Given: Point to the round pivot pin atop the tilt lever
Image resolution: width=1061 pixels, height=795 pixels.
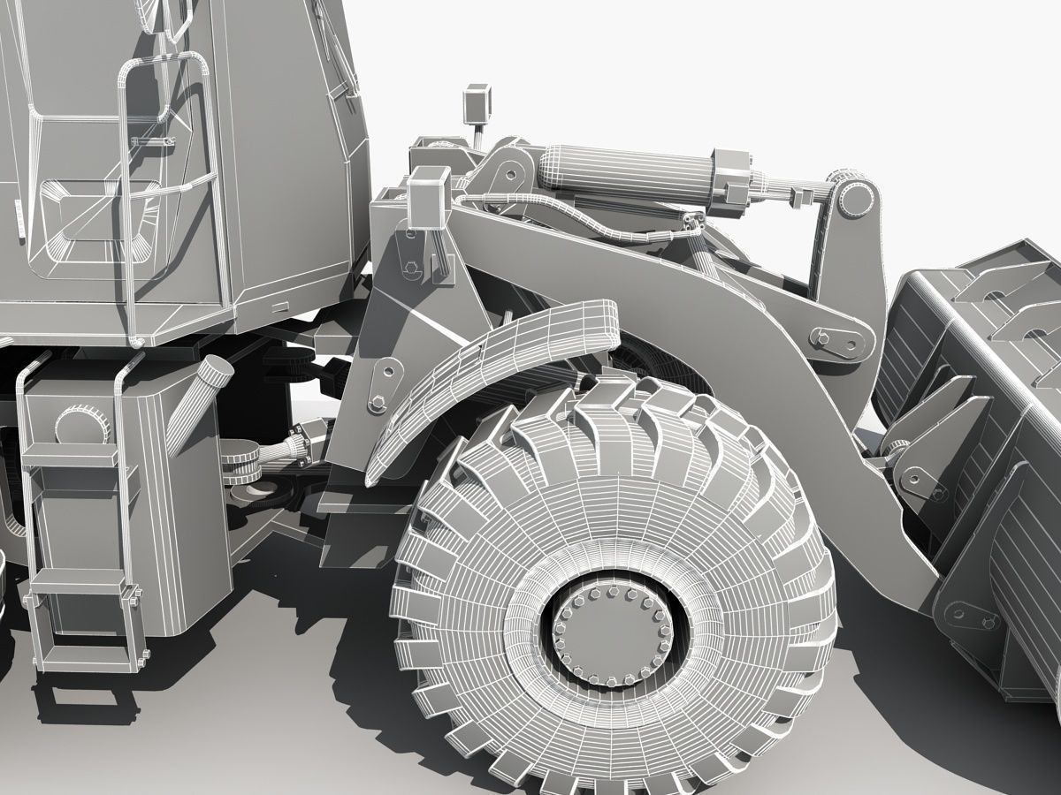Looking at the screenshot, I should pyautogui.click(x=852, y=200).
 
